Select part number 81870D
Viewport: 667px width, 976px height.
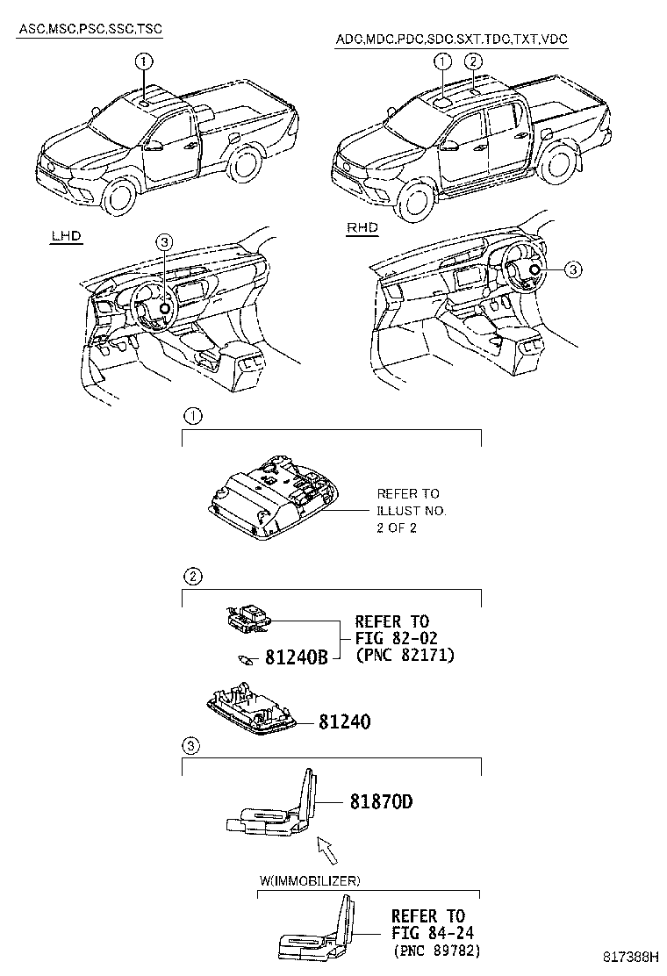click(381, 802)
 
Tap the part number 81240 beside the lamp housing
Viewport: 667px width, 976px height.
click(344, 722)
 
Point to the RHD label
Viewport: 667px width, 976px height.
click(362, 227)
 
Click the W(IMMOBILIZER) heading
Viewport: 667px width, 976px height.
click(309, 879)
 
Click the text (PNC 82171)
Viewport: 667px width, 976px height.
click(405, 656)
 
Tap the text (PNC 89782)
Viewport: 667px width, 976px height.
click(436, 951)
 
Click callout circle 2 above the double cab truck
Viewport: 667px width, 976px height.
click(473, 61)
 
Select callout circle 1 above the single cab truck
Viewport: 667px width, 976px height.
click(143, 61)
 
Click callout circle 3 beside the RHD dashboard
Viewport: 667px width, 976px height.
click(571, 270)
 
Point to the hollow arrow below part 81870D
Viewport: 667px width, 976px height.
click(326, 849)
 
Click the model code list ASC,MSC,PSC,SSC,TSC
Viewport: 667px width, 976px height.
click(90, 30)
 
